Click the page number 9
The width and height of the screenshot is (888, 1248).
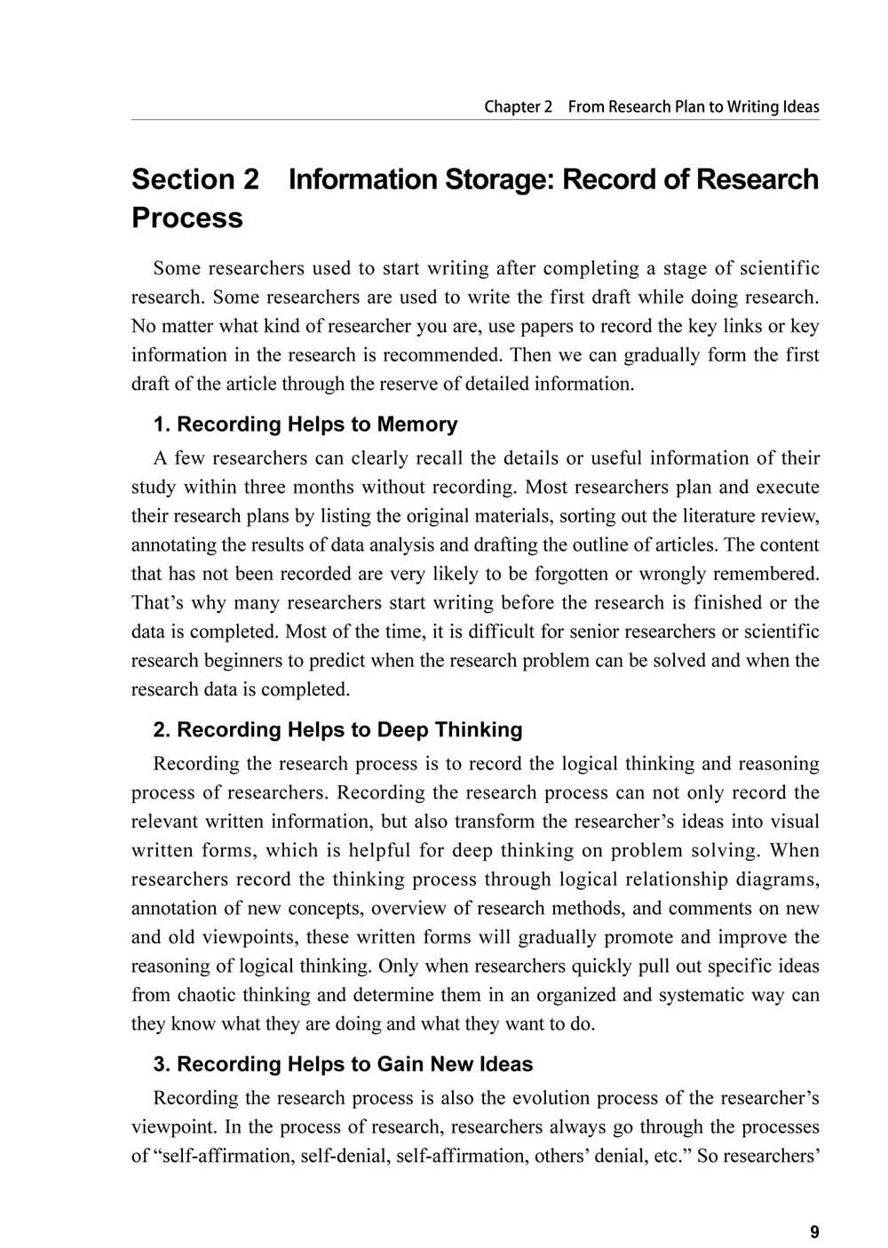click(x=814, y=1232)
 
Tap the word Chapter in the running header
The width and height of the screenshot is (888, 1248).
click(x=512, y=107)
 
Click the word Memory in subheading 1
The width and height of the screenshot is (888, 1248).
click(x=417, y=425)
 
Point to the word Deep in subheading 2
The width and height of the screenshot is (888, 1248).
click(x=405, y=730)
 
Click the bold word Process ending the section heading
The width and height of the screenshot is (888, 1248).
click(x=187, y=218)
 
